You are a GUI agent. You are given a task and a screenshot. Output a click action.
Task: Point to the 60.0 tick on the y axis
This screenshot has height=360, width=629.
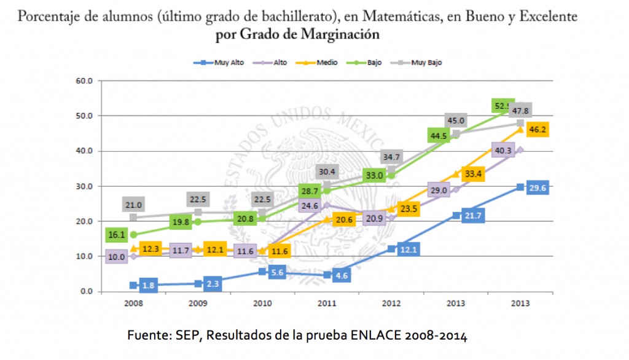point(84,80)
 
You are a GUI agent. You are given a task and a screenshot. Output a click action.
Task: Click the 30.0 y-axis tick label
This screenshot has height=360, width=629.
point(84,186)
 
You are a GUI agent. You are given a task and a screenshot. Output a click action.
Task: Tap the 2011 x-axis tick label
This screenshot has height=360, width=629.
point(326,303)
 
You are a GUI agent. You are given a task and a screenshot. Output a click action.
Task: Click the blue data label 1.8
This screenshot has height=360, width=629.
point(148,284)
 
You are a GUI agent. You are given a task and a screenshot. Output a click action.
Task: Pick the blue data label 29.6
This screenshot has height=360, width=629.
point(536,188)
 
